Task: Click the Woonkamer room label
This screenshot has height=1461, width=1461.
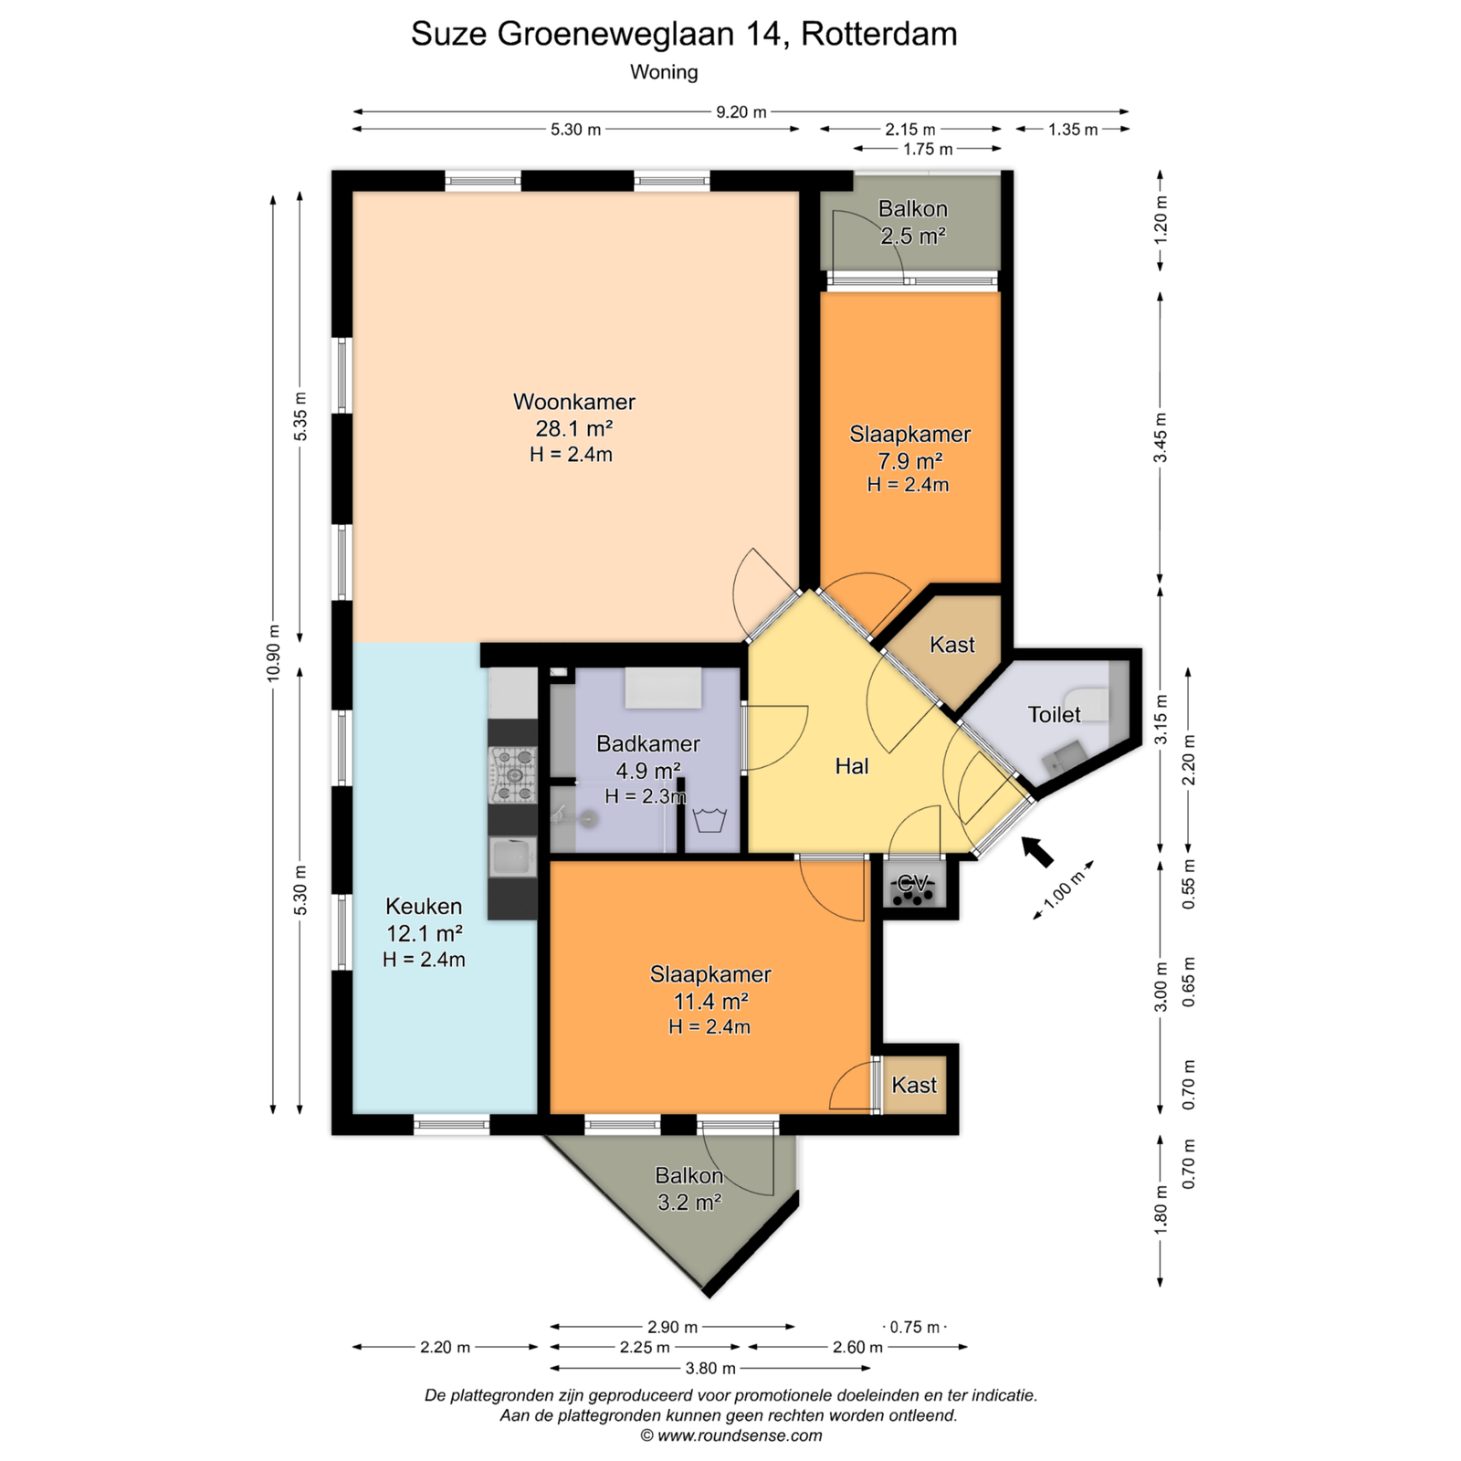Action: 573,402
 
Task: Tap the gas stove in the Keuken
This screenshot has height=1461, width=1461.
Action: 513,775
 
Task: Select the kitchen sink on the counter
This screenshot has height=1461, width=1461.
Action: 511,857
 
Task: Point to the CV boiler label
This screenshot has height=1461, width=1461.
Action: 913,883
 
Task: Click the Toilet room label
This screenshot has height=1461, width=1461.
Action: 1054,715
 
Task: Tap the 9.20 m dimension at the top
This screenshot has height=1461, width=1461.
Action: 741,112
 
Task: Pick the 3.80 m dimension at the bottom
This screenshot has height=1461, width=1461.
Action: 710,1368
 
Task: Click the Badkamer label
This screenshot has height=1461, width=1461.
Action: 648,743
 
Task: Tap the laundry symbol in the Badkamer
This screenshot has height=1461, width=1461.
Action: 709,819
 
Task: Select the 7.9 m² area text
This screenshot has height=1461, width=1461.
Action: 909,460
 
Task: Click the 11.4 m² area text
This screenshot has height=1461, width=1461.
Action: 710,1001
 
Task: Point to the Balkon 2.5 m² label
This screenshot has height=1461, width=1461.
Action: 912,222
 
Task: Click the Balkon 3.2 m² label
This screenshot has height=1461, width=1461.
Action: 689,1189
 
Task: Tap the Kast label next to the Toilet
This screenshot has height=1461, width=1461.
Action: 952,645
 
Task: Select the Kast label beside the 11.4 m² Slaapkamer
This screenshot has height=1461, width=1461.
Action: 914,1085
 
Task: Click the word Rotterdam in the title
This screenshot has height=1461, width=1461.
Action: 879,34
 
